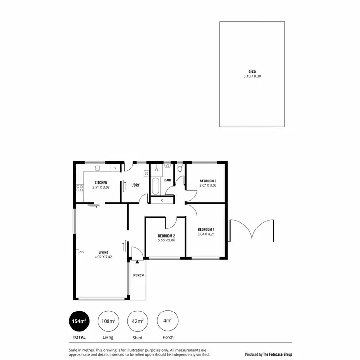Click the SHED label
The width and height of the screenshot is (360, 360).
click(x=252, y=72)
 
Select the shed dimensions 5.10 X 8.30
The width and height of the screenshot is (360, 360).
click(x=252, y=76)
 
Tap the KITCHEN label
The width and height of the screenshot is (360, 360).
click(x=101, y=183)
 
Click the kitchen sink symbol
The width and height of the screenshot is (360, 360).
click(x=97, y=168)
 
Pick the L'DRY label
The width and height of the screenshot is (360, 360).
click(x=135, y=185)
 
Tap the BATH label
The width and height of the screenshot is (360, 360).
click(x=168, y=180)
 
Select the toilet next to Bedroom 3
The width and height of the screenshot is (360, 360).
click(x=180, y=168)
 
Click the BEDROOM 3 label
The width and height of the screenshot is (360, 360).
click(x=208, y=181)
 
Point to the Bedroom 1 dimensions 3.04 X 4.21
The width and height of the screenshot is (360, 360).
click(x=206, y=235)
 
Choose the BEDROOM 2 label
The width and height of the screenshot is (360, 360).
click(x=166, y=236)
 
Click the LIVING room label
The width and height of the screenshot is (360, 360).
click(x=103, y=252)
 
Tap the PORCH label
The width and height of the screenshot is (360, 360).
click(x=138, y=275)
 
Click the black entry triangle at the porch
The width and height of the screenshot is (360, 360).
click(x=137, y=262)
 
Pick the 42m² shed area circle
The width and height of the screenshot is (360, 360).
click(x=137, y=321)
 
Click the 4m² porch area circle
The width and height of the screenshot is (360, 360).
click(x=168, y=321)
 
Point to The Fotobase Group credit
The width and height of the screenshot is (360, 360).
click(x=268, y=354)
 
